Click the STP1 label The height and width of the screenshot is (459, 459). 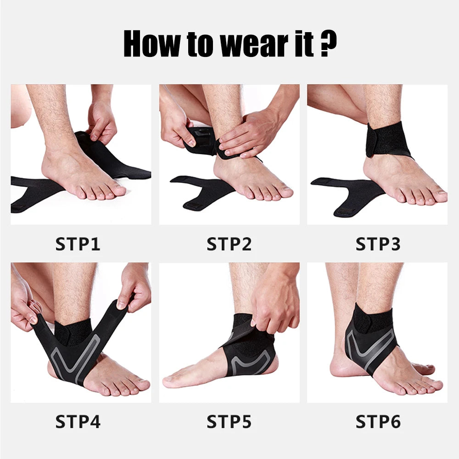[78, 244]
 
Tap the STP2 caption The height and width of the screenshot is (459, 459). [229, 244]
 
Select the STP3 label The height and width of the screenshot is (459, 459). [378, 244]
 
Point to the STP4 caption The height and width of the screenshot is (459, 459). [78, 421]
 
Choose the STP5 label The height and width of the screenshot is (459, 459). [229, 421]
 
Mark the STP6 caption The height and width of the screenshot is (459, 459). [378, 421]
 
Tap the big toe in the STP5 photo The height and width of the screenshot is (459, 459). [170, 381]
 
